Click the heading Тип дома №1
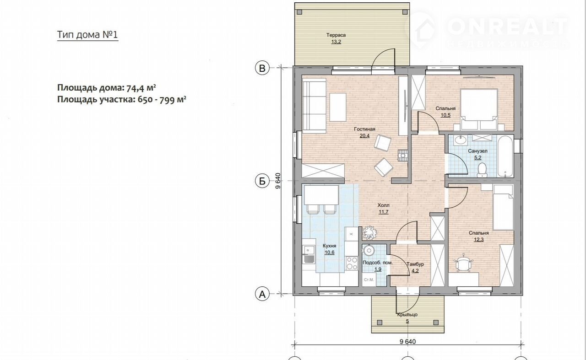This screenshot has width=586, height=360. pos(87,35)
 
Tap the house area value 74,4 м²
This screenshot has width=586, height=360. pos(141,88)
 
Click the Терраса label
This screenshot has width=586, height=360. pos(336,35)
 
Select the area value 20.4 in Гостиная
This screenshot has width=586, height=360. pos(364,136)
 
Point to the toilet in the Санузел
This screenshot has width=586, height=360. pos(481,170)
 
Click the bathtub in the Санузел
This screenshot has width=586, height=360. pos(505,156)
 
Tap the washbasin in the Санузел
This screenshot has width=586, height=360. pos(460,140)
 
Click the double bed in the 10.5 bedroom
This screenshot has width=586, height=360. pos(479,109)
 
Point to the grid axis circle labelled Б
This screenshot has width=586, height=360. pos(262,181)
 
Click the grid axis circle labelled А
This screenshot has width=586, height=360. pos(262,295)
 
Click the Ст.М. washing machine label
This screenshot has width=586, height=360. pos(369,280)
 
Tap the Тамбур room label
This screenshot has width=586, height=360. pos(415,264)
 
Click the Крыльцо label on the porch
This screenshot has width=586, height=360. pos(407,315)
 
